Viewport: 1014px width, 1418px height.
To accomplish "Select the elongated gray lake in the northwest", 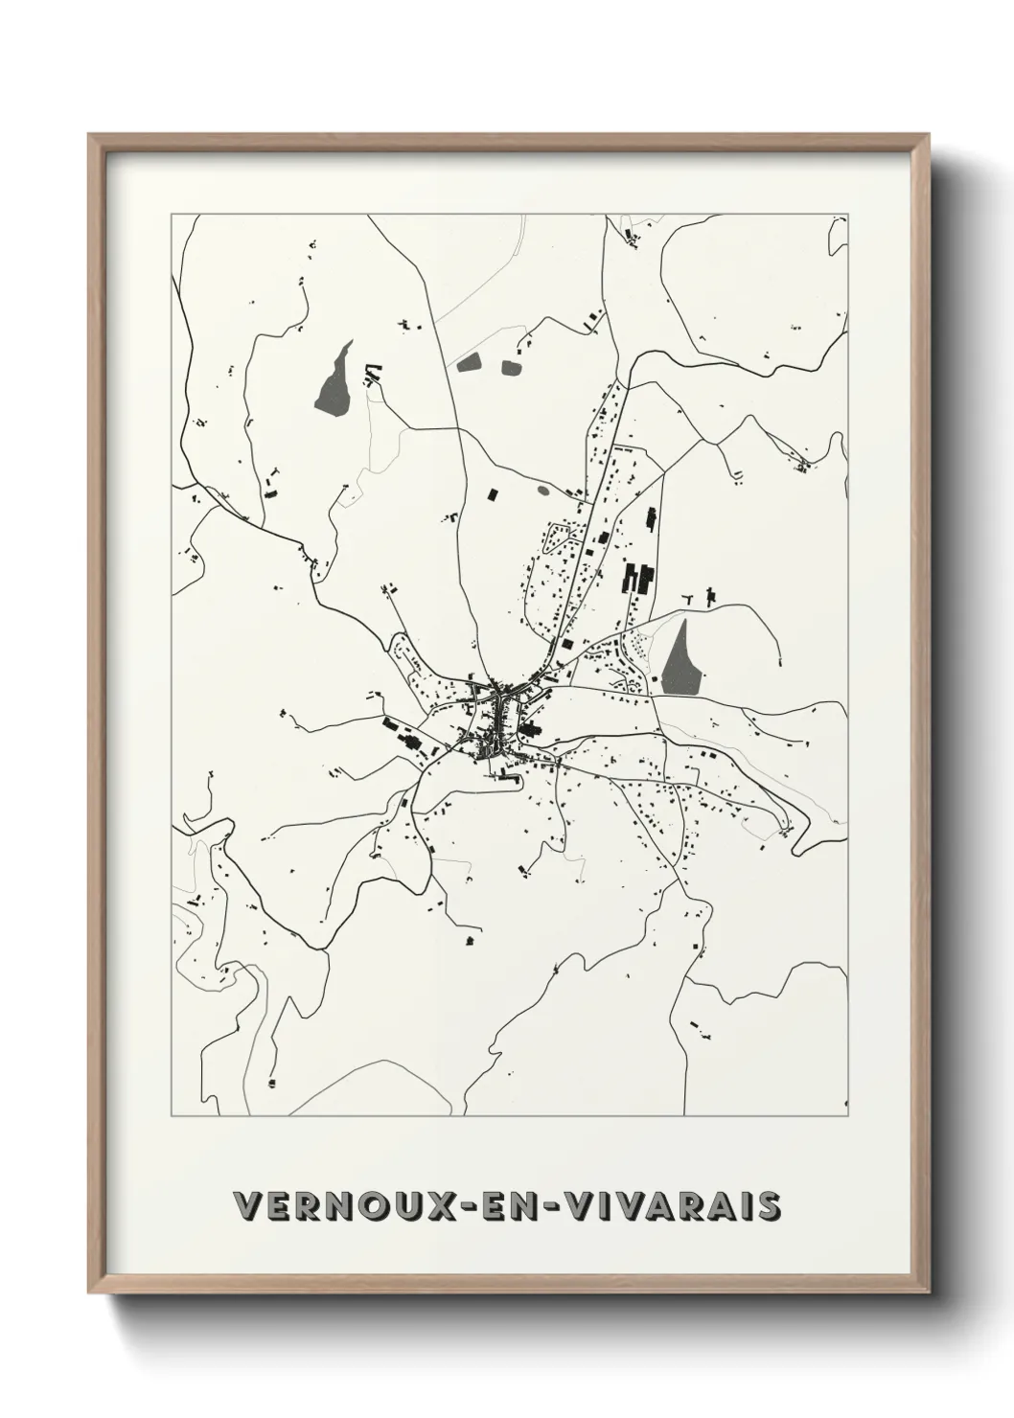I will [x=334, y=380].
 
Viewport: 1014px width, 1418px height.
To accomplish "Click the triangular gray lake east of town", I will [x=681, y=658].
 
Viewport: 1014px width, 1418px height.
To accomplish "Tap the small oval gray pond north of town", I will [x=543, y=491].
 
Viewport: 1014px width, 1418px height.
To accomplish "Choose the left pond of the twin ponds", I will [x=469, y=363].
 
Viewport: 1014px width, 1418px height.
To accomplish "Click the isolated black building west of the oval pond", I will [x=495, y=494].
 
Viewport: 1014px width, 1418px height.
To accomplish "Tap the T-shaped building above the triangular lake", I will [x=709, y=596].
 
